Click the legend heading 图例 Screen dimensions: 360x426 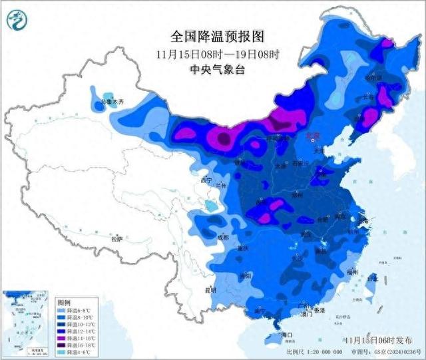[x=63, y=301]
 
